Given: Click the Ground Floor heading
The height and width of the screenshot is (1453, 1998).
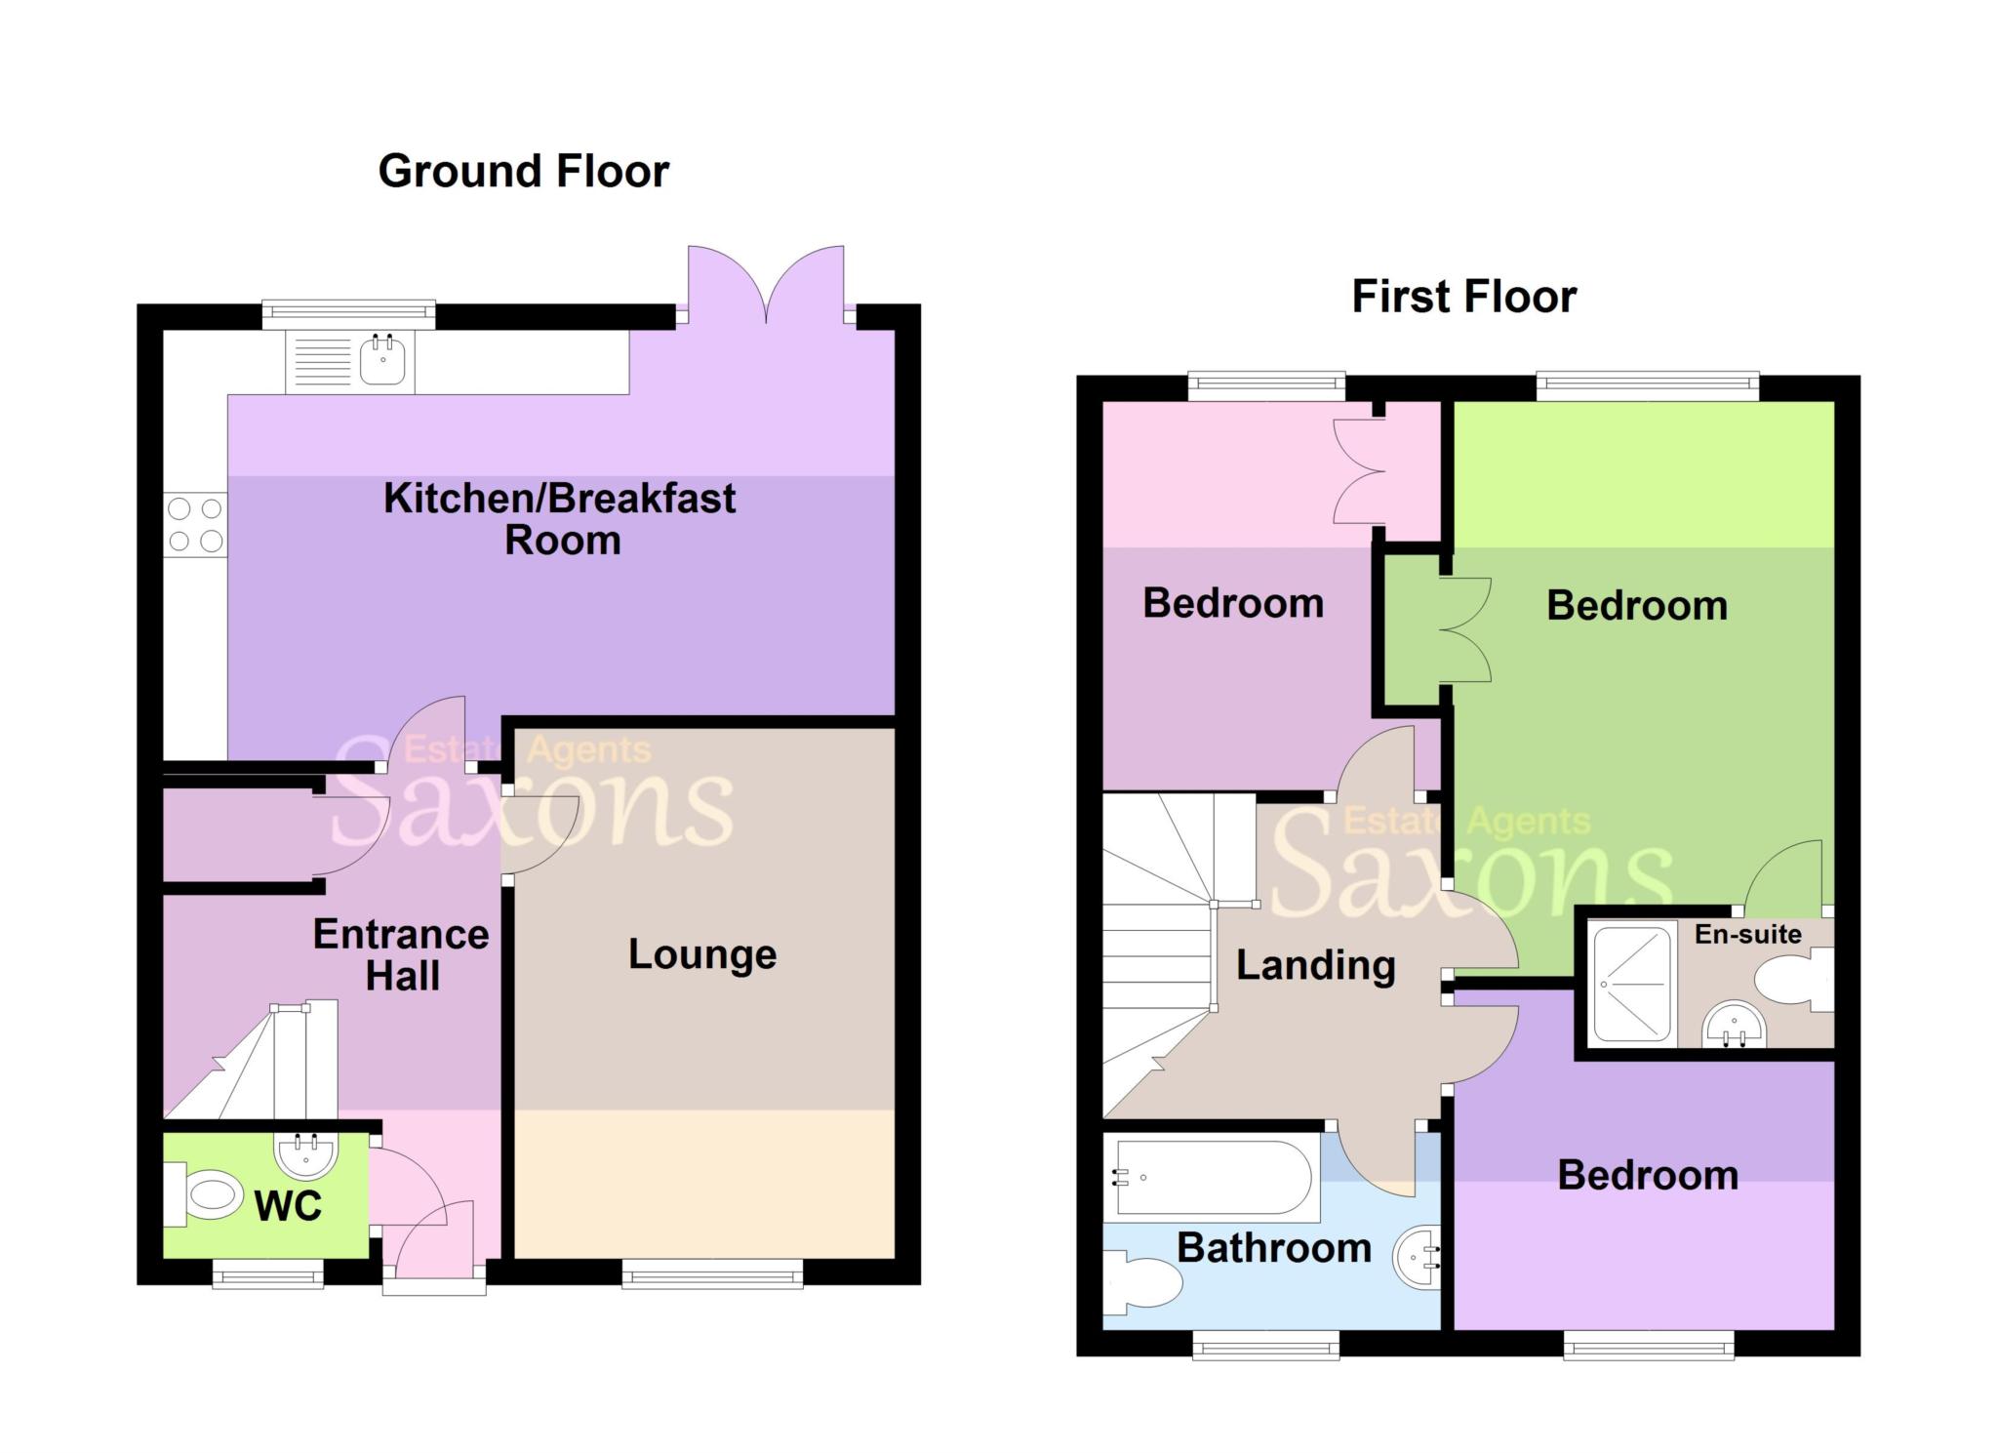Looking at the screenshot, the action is point(524,172).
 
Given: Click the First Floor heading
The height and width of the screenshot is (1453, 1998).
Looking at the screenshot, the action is point(1463,297).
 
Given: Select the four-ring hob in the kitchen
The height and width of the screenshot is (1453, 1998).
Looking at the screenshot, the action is point(195,525).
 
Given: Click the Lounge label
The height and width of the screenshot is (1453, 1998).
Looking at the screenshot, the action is point(702,954).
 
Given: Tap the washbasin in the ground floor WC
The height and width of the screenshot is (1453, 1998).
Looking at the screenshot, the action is point(306,1155).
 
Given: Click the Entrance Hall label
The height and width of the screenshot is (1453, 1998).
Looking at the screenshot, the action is point(401,955).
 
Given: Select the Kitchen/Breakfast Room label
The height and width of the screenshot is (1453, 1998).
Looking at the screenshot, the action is point(560,519).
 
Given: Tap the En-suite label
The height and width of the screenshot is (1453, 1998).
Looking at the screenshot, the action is point(1748,934).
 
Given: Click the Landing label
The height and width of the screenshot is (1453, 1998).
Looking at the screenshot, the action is point(1316,966).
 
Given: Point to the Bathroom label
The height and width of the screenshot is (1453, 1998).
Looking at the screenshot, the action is point(1274,1248).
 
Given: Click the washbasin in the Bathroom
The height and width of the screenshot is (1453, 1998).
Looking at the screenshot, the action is point(1418,1258).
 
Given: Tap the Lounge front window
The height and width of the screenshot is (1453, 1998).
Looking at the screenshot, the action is point(712,1273).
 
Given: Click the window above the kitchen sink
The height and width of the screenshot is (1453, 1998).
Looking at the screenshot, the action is point(348,313).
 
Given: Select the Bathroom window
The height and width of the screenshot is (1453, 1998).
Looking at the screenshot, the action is point(1265,1346).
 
